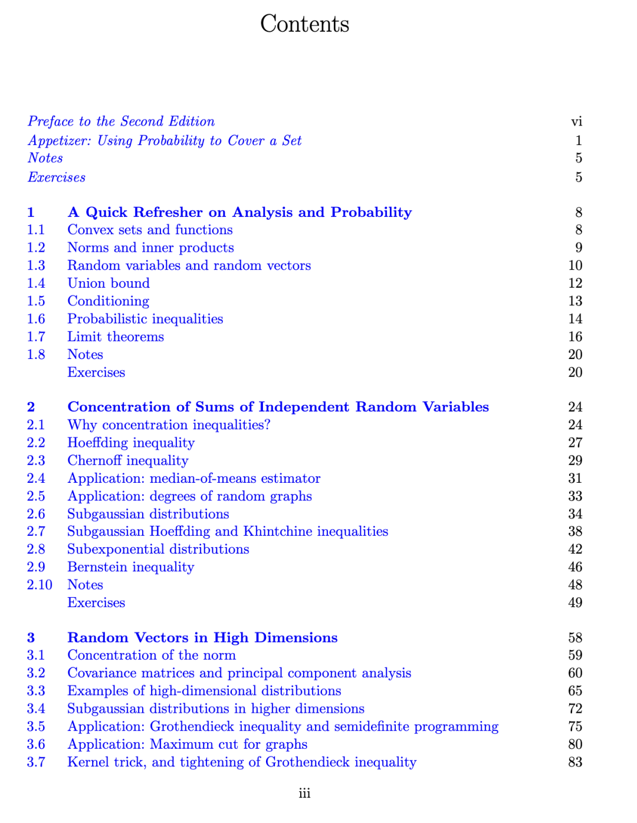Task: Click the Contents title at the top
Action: click(304, 24)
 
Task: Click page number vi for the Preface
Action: click(576, 121)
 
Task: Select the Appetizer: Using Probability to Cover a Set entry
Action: click(165, 140)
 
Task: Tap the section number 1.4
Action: click(36, 284)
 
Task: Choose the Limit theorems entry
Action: click(116, 337)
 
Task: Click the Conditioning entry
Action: click(108, 301)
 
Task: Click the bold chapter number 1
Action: click(31, 212)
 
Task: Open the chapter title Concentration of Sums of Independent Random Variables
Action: click(278, 407)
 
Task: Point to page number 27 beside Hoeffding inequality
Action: click(575, 443)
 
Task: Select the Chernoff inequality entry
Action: click(128, 460)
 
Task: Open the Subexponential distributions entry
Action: click(158, 549)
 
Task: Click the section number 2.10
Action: click(40, 585)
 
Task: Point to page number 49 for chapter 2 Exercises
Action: click(575, 603)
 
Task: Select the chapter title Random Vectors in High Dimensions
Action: click(202, 638)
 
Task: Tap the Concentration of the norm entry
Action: click(152, 656)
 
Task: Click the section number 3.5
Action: click(36, 726)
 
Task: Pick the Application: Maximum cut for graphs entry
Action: click(187, 745)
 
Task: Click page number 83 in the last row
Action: click(575, 762)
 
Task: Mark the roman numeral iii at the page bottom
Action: click(304, 794)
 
